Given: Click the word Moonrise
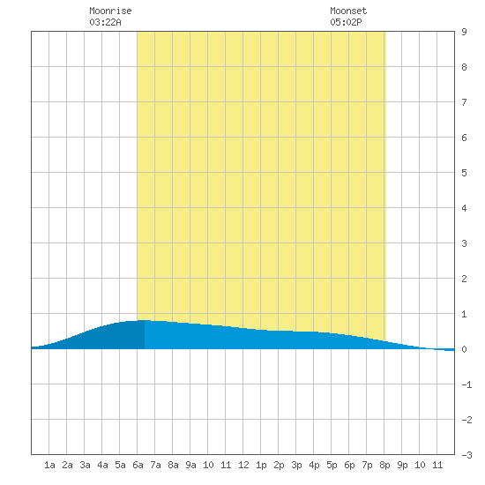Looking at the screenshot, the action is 110,11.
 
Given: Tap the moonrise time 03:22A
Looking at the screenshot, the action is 105,22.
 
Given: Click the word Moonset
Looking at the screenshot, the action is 348,11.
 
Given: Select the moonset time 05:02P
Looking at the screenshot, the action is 346,22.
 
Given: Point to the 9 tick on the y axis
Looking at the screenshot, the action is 464,32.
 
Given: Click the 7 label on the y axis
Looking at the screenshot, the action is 464,102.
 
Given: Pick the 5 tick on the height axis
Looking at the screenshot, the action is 464,173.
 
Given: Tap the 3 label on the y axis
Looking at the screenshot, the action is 464,243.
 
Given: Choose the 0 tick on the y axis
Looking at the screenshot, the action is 464,349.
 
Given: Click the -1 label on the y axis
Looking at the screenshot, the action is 466,384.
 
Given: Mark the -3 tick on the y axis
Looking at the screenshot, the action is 466,455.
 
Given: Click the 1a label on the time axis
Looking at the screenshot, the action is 49,465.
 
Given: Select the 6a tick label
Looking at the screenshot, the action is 138,465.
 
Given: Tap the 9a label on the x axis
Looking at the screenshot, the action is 190,465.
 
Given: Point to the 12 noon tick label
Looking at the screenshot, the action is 243,465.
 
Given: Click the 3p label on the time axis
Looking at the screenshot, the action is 296,465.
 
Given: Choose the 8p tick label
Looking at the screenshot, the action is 384,465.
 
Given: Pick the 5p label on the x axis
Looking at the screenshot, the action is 332,465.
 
